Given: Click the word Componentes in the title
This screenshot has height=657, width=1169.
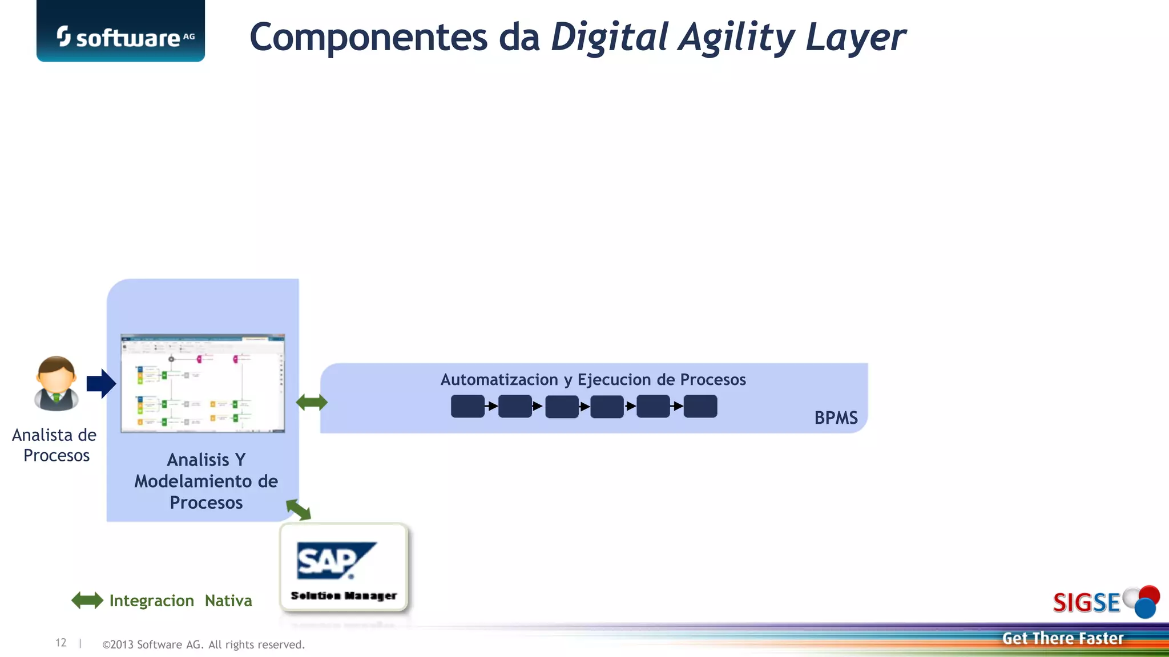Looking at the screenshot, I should pyautogui.click(x=369, y=38).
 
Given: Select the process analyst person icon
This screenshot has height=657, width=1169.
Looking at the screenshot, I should pyautogui.click(x=56, y=384).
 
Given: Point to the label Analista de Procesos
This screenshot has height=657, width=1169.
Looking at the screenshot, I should pyautogui.click(x=55, y=445).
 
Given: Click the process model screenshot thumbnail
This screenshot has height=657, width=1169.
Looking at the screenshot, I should pyautogui.click(x=203, y=383).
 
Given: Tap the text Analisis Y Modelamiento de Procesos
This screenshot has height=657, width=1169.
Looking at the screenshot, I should pyautogui.click(x=206, y=481).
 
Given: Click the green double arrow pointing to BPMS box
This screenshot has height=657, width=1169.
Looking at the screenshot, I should pyautogui.click(x=312, y=403).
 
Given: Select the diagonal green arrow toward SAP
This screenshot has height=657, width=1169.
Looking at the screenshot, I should pyautogui.click(x=299, y=509).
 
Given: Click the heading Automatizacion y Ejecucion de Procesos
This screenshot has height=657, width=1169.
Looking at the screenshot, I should pyautogui.click(x=593, y=380).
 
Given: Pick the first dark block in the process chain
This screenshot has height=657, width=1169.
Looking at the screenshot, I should pyautogui.click(x=467, y=406).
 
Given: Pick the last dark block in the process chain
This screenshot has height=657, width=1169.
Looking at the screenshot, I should pyautogui.click(x=700, y=406).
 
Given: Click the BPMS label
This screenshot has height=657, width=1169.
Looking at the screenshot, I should pyautogui.click(x=836, y=418).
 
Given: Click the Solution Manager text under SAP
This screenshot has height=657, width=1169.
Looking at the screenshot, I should pyautogui.click(x=344, y=595).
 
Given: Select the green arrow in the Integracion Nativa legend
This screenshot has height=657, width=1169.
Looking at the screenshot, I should pyautogui.click(x=87, y=601).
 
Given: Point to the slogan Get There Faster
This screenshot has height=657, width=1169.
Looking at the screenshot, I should pyautogui.click(x=1062, y=638).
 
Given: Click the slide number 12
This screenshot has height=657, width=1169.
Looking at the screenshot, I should pyautogui.click(x=61, y=643).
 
